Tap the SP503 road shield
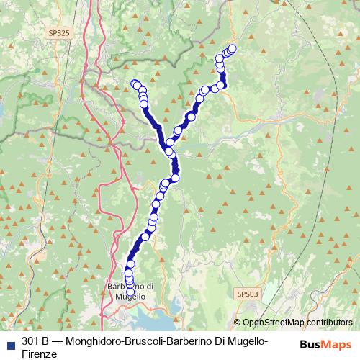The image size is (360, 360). pyautogui.click(x=246, y=294)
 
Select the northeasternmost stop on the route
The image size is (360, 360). pyautogui.click(x=232, y=49)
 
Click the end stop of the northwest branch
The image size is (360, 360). pyautogui.click(x=133, y=84)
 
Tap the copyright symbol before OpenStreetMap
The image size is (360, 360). pyautogui.click(x=238, y=323)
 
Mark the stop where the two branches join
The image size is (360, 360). pyautogui.click(x=170, y=151)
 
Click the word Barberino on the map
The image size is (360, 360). pyautogui.click(x=124, y=286)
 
